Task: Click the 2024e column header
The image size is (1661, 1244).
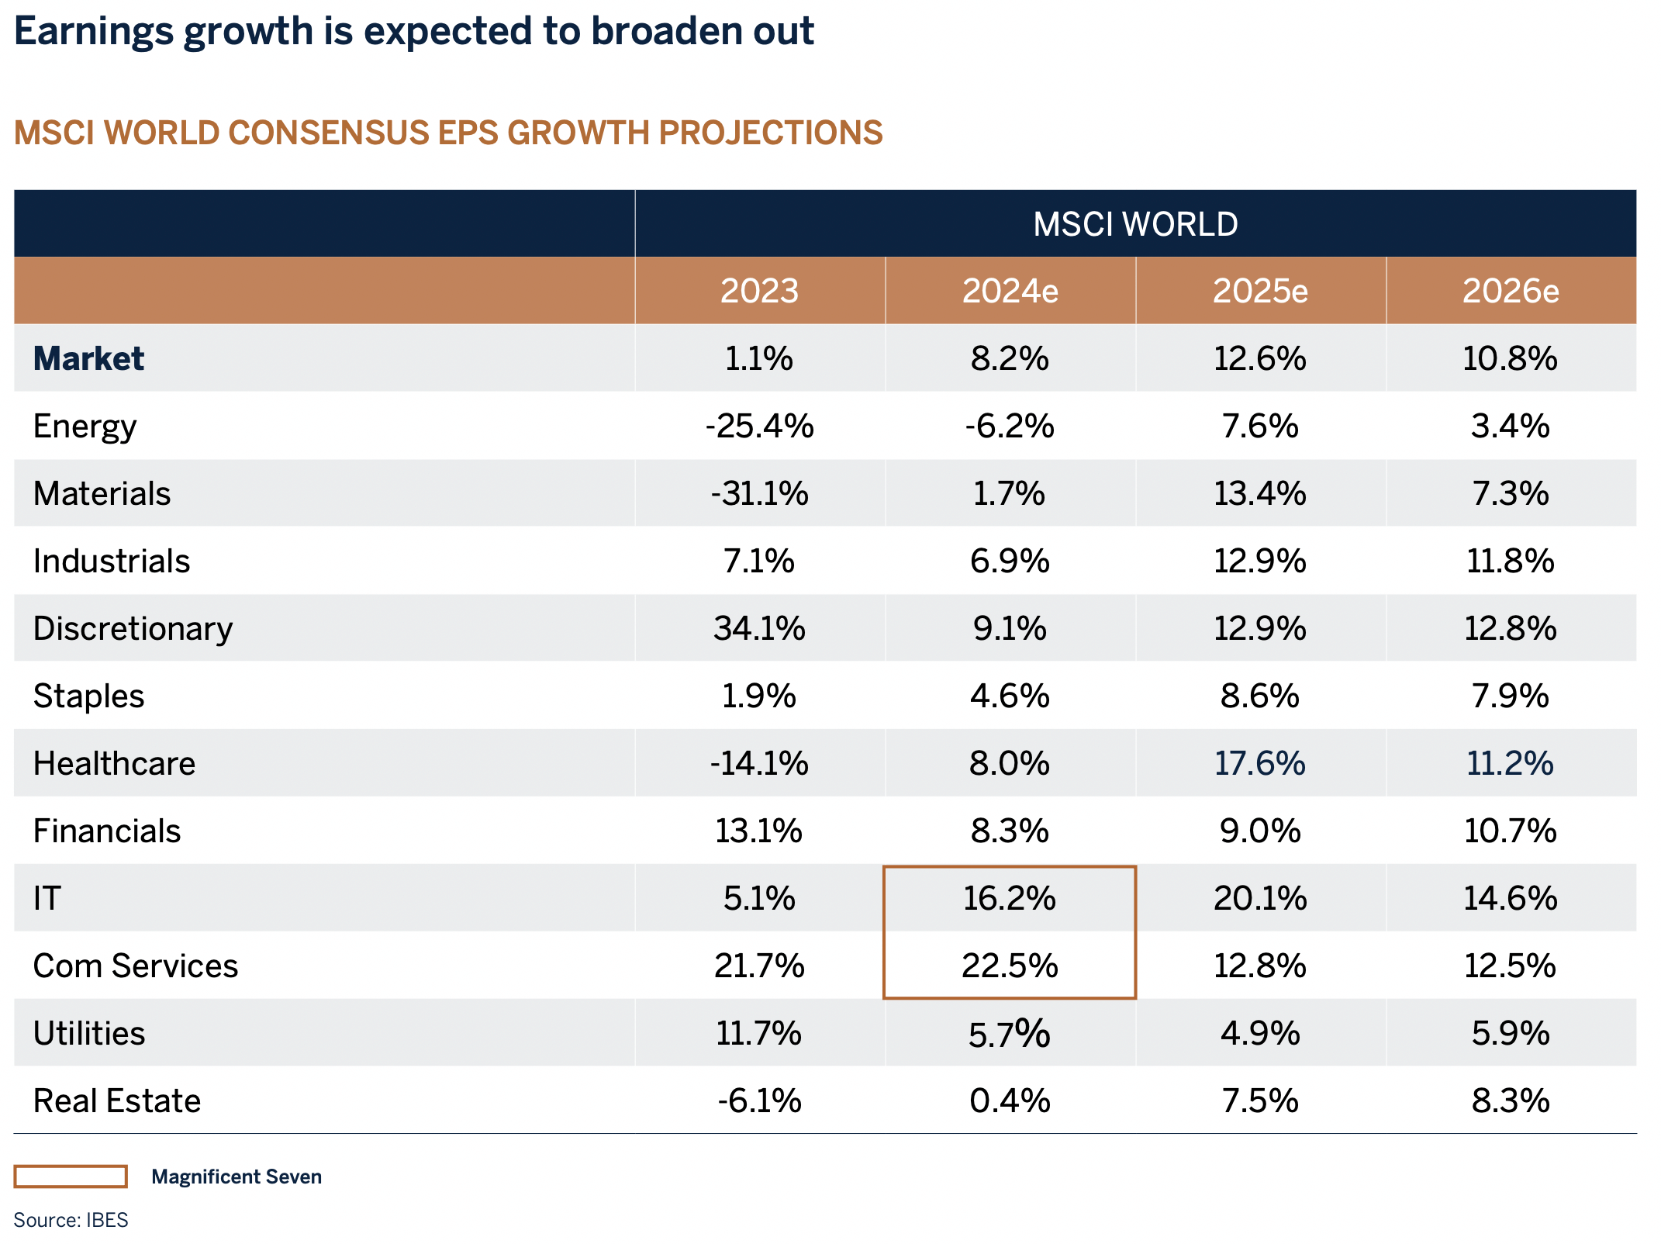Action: [1010, 291]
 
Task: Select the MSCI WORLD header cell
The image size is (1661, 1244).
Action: [1135, 224]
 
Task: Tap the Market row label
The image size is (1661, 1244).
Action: [88, 358]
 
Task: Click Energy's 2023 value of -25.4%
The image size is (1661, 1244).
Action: [759, 426]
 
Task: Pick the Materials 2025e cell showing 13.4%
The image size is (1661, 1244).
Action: [1259, 493]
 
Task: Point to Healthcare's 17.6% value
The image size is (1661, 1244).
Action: [1259, 763]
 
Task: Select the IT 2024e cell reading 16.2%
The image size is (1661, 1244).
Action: [1009, 898]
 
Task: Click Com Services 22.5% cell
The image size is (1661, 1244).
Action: [1009, 966]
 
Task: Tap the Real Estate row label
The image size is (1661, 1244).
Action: [117, 1101]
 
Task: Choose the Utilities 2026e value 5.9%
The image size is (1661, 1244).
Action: [1510, 1033]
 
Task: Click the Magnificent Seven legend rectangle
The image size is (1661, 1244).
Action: [71, 1177]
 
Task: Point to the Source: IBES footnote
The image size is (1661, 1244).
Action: [71, 1220]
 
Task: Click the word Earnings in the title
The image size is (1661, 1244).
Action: [94, 32]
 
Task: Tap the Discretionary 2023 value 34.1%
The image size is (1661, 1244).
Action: [759, 628]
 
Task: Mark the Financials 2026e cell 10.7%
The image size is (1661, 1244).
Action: [1510, 831]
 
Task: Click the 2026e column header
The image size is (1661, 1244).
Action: [1510, 291]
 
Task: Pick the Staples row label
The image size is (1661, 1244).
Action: [88, 696]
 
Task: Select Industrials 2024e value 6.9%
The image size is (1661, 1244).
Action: [1009, 561]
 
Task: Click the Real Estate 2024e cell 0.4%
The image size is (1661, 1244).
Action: [1009, 1101]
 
